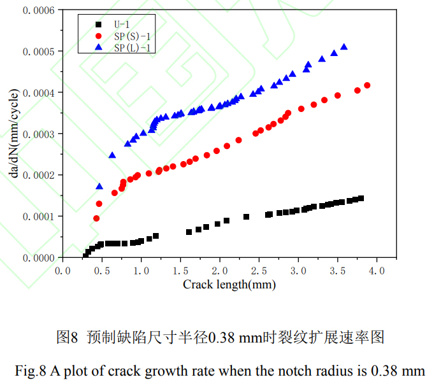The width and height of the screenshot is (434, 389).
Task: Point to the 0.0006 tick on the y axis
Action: [40, 10]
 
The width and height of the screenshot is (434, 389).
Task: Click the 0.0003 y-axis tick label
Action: [40, 134]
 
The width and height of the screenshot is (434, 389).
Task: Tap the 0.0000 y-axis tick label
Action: [40, 258]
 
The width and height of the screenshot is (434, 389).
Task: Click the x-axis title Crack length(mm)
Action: [221, 285]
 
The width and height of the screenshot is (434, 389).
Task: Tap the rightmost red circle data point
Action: [367, 85]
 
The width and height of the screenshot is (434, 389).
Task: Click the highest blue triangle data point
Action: [344, 46]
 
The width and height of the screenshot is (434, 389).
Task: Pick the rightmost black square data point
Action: [361, 199]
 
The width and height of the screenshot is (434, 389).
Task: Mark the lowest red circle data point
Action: [96, 218]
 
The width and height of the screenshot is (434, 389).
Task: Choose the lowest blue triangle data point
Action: [99, 186]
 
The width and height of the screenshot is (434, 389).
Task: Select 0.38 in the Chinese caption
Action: [224, 337]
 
